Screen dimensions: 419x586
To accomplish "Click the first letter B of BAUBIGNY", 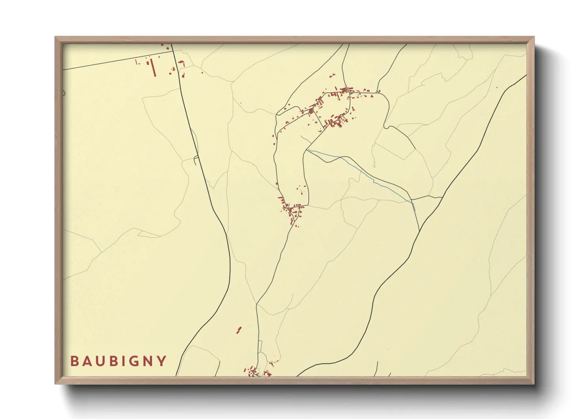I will tap(74, 361).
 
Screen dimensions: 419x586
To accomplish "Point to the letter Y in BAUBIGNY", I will tap(162, 361).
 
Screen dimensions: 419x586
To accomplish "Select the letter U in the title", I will tap(99, 361).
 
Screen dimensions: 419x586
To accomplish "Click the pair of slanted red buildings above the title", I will tap(239, 330).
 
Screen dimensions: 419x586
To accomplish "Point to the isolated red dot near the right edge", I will tap(497, 88).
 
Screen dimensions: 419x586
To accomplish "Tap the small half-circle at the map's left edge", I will tap(64, 93).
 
